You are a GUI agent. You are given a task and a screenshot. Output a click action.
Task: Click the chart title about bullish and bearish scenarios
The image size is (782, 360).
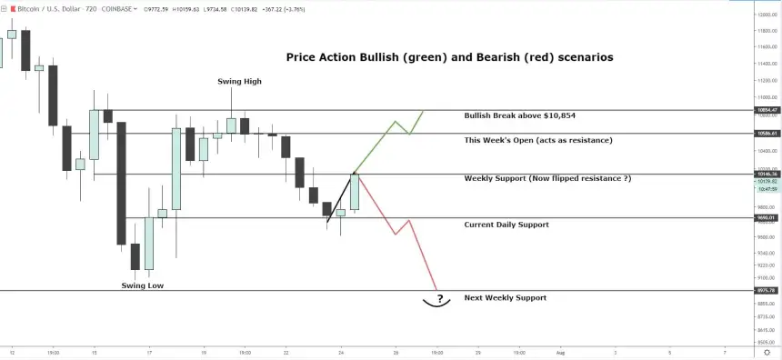click(x=449, y=57)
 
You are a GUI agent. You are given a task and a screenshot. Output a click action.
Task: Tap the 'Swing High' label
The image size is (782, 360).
click(x=239, y=82)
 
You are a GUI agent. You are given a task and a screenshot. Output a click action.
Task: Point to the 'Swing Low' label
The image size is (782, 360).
click(x=143, y=285)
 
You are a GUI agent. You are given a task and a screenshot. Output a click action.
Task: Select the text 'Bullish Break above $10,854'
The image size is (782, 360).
click(x=519, y=116)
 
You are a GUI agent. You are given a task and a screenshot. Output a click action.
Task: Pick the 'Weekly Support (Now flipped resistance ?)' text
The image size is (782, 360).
click(x=547, y=178)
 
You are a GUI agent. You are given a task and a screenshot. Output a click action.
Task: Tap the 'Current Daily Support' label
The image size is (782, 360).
click(x=506, y=225)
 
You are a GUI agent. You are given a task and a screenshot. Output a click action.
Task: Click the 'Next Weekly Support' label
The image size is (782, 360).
click(x=505, y=297)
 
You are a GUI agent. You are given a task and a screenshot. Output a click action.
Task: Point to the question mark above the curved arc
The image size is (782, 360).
click(x=439, y=298)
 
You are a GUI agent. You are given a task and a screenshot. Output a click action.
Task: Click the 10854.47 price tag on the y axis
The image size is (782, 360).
click(x=767, y=110)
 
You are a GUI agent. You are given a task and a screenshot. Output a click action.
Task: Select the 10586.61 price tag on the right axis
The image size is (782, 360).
click(x=767, y=133)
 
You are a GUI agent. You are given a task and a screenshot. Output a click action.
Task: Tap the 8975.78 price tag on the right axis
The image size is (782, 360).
click(x=767, y=291)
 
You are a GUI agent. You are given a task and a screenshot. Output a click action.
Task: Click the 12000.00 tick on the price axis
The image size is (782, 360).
click(x=767, y=15)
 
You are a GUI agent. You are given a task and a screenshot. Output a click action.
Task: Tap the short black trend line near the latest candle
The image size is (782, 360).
click(x=339, y=197)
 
